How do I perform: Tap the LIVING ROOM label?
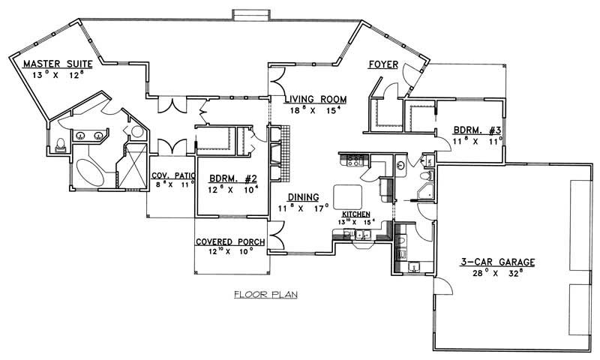(315, 99)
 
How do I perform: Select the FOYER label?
(382, 65)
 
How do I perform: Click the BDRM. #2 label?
(233, 178)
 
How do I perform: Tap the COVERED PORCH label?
(229, 241)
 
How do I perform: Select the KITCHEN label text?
(357, 214)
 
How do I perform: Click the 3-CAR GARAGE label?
(497, 262)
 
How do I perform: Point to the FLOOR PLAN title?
(265, 294)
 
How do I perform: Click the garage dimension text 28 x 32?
(497, 274)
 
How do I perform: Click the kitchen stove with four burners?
(355, 158)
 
